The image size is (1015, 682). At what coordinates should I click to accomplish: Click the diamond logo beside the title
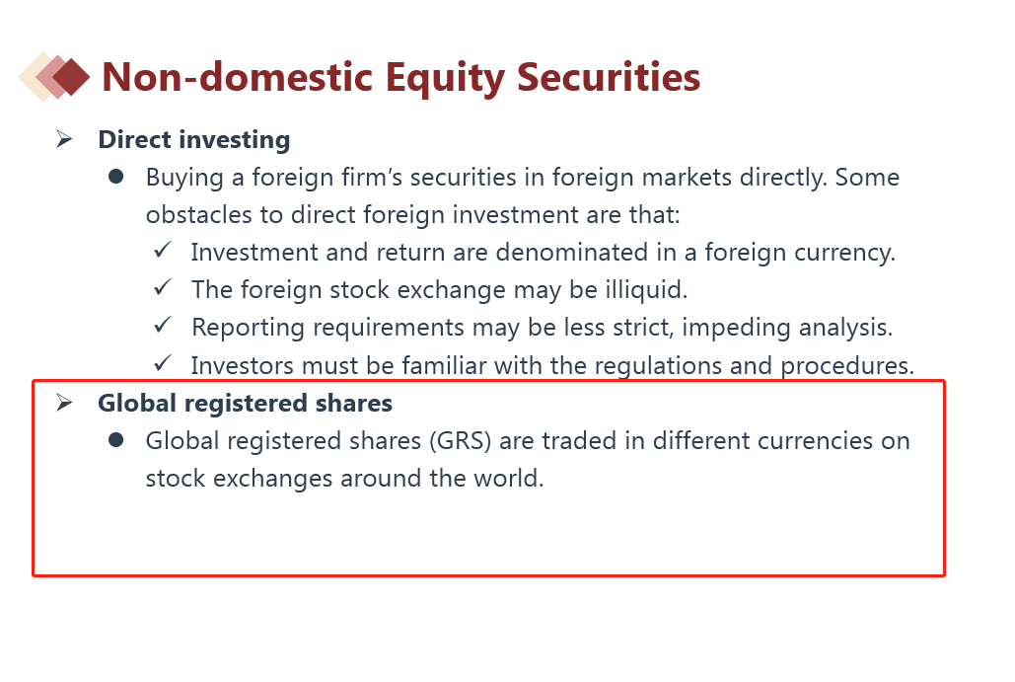54,76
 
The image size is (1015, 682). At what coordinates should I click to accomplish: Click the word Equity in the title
445,78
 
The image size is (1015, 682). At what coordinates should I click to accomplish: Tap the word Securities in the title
609,76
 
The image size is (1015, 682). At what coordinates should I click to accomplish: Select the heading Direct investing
194,140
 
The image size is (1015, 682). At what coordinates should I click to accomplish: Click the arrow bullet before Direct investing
64,138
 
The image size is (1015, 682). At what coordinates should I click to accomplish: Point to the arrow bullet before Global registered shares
64,403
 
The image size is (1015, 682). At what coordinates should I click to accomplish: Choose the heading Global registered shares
246,403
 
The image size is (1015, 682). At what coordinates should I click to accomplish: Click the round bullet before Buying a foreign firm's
116,176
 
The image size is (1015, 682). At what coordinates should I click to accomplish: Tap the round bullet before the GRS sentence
116,440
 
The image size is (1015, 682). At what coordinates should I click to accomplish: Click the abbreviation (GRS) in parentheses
461,441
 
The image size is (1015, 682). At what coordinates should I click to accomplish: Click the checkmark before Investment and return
163,250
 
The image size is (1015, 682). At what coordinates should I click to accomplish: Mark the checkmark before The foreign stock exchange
163,287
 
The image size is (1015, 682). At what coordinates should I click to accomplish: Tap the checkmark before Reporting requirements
163,325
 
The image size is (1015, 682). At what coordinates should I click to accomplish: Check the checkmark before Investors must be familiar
163,362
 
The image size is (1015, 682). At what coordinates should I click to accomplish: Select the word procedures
847,366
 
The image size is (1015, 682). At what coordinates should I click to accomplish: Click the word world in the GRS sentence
509,478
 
